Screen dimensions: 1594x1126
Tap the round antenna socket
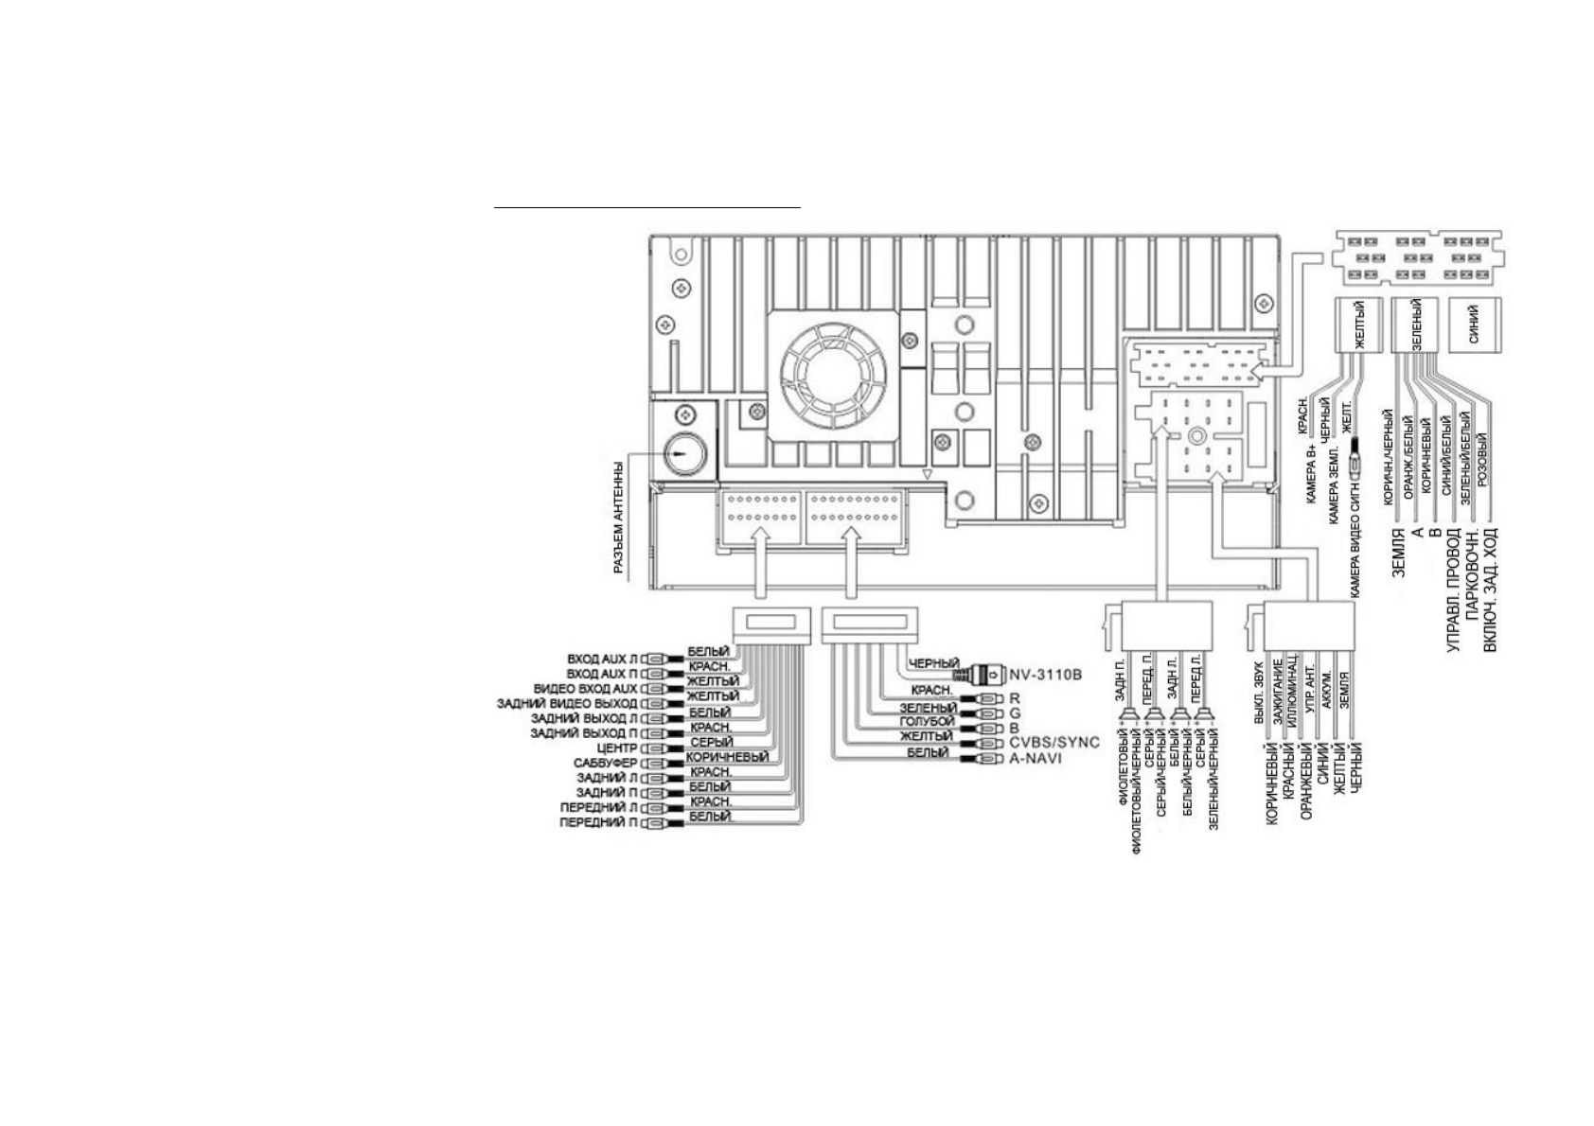(x=682, y=454)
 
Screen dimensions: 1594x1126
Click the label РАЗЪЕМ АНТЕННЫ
(x=618, y=517)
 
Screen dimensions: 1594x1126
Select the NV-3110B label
(x=1045, y=675)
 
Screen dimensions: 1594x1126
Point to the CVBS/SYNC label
(x=1054, y=742)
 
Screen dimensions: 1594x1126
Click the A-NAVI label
(x=1036, y=758)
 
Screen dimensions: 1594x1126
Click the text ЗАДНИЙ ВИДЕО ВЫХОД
(x=567, y=704)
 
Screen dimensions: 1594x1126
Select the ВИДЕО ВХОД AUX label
(x=586, y=689)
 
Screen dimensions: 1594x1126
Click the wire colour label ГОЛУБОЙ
(x=927, y=722)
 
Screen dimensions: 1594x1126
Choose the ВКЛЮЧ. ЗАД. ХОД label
(x=1491, y=590)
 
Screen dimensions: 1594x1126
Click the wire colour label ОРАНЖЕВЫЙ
(x=1306, y=781)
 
